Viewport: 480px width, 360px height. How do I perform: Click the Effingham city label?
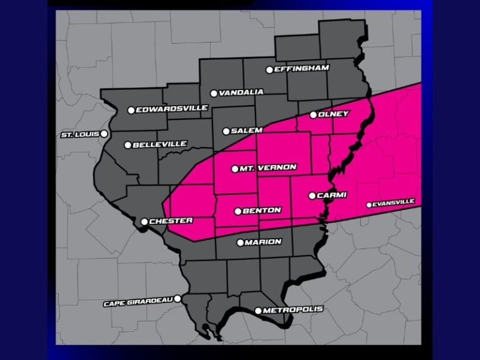302,69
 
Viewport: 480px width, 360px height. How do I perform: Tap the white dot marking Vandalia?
214,93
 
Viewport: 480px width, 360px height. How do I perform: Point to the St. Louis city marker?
104,133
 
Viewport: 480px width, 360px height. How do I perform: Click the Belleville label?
161,144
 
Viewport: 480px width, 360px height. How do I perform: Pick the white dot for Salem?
226,131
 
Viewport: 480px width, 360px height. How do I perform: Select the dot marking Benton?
237,211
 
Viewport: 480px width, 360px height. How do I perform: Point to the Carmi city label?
332,195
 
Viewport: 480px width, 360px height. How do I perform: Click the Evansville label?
394,202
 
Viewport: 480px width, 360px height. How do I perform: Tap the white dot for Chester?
144,221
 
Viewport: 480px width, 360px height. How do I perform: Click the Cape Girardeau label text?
138,304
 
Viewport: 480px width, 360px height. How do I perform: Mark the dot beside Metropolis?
258,311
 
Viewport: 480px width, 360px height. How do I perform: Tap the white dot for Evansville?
369,204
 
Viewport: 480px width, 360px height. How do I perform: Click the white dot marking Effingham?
269,70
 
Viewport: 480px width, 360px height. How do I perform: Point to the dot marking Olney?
313,115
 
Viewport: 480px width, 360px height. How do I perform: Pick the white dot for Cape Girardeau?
177,299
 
